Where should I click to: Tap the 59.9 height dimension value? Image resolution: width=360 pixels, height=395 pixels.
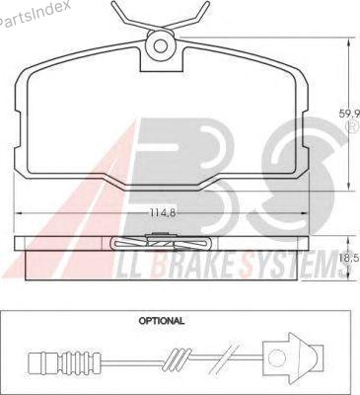(349, 114)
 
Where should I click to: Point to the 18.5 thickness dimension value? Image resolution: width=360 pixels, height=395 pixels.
(349, 258)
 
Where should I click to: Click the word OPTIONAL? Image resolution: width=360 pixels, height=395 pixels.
(162, 320)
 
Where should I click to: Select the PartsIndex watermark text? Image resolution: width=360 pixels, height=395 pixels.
(35, 12)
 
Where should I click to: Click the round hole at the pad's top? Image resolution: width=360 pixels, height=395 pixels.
(161, 45)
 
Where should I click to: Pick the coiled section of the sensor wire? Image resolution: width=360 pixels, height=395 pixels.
(177, 357)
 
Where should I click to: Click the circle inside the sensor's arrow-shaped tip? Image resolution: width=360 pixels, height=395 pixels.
(274, 357)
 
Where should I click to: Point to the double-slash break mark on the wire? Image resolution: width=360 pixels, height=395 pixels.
(226, 357)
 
